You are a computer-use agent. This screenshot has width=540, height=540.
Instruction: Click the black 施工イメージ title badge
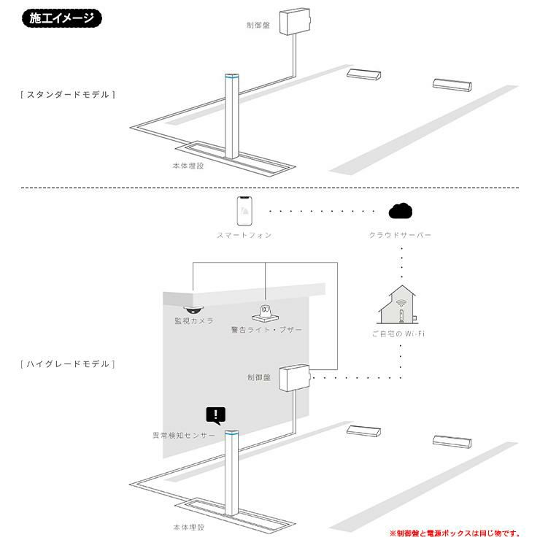tap(61, 18)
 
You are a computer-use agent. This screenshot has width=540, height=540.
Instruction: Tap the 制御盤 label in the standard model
tap(258, 25)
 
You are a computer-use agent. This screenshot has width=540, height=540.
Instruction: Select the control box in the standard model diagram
tap(295, 21)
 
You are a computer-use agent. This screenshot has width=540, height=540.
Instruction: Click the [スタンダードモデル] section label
tap(68, 95)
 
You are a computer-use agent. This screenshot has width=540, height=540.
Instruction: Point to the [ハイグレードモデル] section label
tap(68, 364)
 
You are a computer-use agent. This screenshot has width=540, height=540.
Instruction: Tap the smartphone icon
tap(244, 211)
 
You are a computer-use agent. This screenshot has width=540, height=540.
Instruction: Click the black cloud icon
tap(400, 211)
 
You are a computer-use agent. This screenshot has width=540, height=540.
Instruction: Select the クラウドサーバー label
tap(400, 235)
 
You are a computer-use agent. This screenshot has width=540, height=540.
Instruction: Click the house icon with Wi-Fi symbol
tap(399, 304)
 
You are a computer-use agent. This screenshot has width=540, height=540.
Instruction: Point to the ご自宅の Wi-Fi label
tap(398, 333)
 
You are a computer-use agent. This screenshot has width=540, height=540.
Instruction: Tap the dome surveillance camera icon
tap(193, 309)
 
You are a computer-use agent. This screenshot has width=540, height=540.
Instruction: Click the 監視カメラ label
tap(194, 321)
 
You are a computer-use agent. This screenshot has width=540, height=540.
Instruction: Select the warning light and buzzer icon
tap(265, 313)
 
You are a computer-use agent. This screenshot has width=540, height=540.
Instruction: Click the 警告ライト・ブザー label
tap(266, 330)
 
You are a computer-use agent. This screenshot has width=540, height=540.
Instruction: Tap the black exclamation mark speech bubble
tap(216, 416)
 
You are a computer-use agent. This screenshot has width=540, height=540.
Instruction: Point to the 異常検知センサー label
tap(184, 436)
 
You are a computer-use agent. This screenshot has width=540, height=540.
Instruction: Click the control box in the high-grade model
tap(295, 377)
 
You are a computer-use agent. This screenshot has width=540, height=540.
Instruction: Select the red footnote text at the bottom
tap(455, 533)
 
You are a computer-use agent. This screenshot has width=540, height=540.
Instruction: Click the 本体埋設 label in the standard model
tap(188, 166)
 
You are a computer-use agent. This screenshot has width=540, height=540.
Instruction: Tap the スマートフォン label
tap(244, 235)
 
